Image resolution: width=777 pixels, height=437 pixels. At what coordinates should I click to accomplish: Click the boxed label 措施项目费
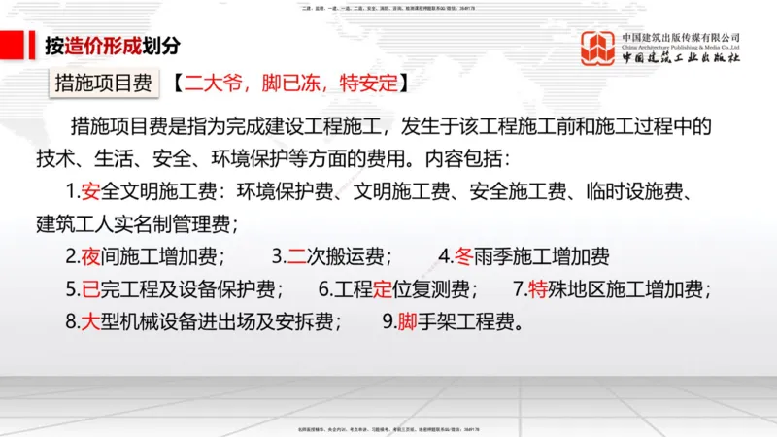point(104,83)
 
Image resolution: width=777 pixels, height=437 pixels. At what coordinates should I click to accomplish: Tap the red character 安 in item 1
point(92,190)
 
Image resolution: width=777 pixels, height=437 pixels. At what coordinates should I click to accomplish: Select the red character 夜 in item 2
point(92,256)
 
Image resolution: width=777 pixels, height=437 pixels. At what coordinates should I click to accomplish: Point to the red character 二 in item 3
point(298,256)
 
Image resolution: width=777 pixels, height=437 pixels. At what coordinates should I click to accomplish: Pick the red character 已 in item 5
point(92,289)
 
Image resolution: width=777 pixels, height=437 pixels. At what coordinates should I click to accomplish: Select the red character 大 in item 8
point(92,321)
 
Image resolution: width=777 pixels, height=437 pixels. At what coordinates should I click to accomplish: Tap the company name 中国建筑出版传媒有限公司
point(681,37)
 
